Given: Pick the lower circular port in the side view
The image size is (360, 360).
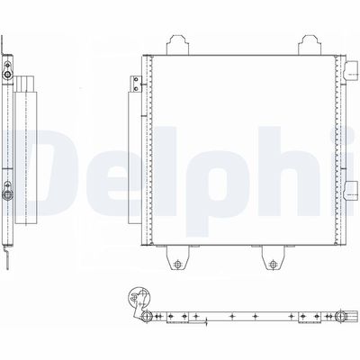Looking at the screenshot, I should coord(10,190).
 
